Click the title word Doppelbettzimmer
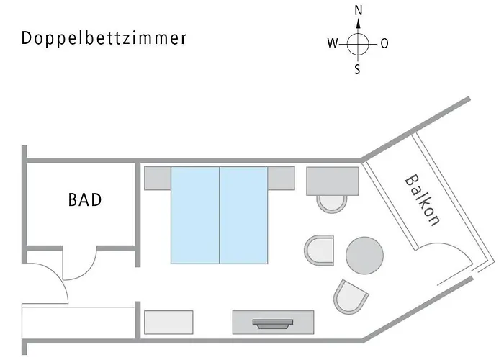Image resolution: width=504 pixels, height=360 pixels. [104, 38]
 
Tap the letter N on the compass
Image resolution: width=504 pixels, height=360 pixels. [359, 11]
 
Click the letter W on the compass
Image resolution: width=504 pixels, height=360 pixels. [332, 44]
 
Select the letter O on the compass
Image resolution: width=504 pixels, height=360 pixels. [384, 44]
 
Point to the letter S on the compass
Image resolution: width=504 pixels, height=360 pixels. [358, 70]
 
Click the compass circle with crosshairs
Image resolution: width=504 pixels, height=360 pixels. [358, 44]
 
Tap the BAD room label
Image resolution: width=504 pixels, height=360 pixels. [85, 199]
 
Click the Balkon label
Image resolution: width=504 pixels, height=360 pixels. [422, 200]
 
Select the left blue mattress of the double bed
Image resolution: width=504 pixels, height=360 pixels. [194, 215]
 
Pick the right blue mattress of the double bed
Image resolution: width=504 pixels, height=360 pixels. [243, 215]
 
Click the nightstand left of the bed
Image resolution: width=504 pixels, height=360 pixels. [157, 178]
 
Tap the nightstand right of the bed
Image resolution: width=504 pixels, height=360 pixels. [282, 178]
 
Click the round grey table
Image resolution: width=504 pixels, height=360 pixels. [364, 255]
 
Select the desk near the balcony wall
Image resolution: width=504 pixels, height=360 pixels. [333, 181]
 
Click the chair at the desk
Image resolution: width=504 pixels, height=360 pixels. [332, 202]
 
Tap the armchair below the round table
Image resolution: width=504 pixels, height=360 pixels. [350, 295]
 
